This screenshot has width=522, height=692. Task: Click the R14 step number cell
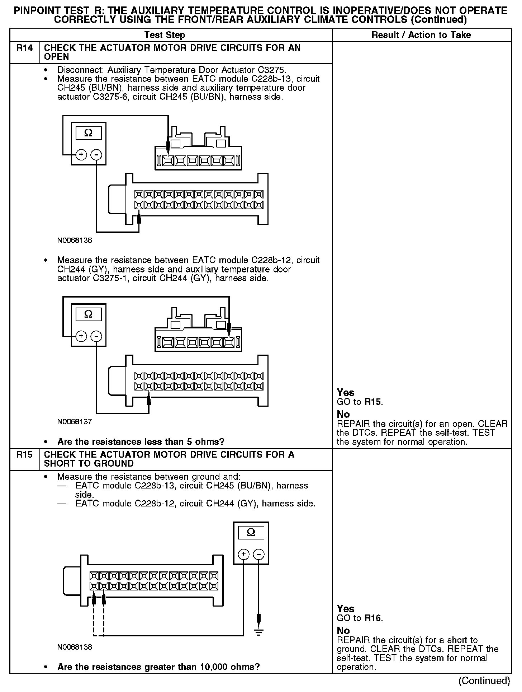tap(24, 48)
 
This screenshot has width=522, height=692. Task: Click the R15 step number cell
tap(24, 455)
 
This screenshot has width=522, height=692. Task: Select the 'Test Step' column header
tap(165, 35)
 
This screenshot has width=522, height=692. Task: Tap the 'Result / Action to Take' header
tap(421, 35)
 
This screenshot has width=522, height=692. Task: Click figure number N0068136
tap(75, 240)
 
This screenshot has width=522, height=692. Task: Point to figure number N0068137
tap(75, 422)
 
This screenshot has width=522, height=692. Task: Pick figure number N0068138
tap(75, 647)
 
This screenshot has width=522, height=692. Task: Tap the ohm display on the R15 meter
tap(251, 532)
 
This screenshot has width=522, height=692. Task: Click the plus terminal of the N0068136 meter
tap(81, 155)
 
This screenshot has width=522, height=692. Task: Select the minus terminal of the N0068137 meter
tap(96, 336)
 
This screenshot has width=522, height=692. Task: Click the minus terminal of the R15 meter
tap(258, 555)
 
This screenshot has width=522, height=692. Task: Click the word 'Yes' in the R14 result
tap(346, 393)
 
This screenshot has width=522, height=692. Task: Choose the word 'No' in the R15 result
tap(343, 631)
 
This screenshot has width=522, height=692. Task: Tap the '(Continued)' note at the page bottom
tap(484, 681)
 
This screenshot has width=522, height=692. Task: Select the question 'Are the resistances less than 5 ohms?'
tap(141, 441)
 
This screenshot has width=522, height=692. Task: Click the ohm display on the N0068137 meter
tap(88, 314)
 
